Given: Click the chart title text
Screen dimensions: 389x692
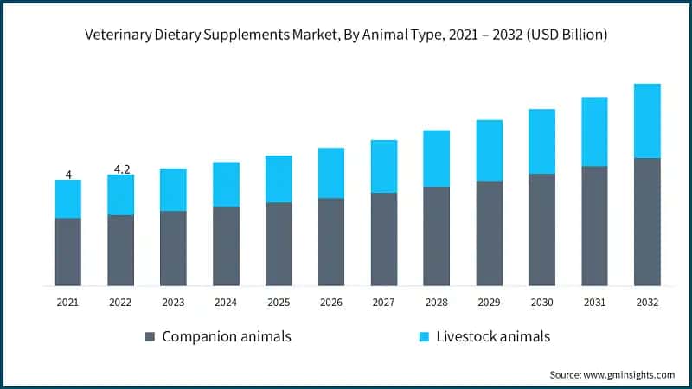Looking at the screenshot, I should pos(346,35).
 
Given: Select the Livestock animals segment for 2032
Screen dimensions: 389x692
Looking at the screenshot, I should pos(647,121).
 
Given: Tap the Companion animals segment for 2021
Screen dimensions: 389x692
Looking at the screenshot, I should pos(68,252).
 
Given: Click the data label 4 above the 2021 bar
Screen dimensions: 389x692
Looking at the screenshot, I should pos(68,174).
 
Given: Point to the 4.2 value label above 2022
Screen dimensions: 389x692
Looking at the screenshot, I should pos(121,169).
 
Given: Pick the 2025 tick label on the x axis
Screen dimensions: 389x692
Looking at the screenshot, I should pos(279,302).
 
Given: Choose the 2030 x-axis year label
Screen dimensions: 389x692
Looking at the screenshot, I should pos(541,302).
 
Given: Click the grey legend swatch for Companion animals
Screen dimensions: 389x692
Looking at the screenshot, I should pos(150,336).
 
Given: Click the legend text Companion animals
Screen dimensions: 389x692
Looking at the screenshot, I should pos(227,336).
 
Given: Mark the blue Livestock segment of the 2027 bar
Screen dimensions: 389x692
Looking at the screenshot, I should pos(384,166).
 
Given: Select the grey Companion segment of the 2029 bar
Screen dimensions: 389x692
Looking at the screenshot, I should pos(490,233).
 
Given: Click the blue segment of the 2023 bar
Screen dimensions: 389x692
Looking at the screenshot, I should pos(173,189).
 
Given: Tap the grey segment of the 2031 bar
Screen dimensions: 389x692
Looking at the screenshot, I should pos(594,226).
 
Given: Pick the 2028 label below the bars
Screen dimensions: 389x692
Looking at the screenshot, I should pos(436,302).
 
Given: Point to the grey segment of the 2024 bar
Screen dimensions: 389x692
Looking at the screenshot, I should pos(226,246).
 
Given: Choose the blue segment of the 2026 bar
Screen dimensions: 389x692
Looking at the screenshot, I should pos(331,173).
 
